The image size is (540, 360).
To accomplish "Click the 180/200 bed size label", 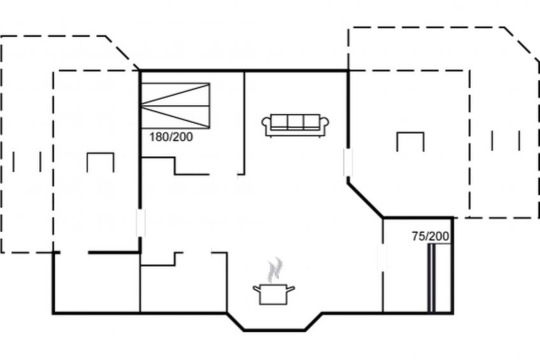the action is pos(171,137).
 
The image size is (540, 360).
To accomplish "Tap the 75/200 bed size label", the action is pos(430,236).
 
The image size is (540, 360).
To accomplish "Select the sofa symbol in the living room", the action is pos(295,126).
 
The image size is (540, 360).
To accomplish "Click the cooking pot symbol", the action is pos(274,294).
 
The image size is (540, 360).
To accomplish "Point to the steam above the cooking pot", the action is pos(275,270).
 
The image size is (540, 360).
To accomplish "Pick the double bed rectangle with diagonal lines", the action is pos(175,106).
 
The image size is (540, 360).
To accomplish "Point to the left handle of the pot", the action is pos(257,288).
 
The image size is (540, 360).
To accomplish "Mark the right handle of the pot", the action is pos(291,288).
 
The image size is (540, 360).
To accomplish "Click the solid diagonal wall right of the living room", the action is pos(365,199).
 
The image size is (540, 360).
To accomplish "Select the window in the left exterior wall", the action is pos(141,222).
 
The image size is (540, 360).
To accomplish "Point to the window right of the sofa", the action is pos(348,162).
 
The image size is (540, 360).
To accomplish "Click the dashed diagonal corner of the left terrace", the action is pos(122,52).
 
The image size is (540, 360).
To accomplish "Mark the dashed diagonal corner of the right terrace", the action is pos(522,45).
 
